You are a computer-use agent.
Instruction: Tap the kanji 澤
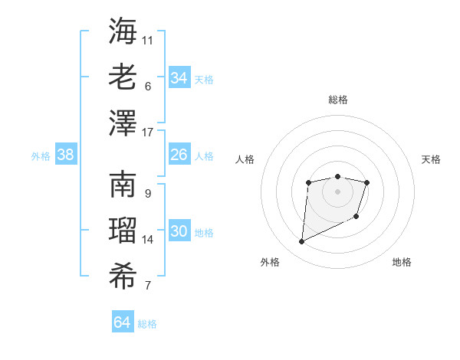click(x=123, y=123)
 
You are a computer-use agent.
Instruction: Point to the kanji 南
click(x=123, y=185)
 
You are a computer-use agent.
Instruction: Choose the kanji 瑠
click(x=123, y=231)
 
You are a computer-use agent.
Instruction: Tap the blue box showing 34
click(x=179, y=77)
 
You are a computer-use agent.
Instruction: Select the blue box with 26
click(x=179, y=155)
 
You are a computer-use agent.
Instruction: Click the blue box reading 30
click(x=179, y=231)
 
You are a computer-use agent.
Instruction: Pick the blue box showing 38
click(x=65, y=155)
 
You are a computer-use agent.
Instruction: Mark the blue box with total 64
click(x=122, y=322)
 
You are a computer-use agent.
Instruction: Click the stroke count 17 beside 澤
click(x=148, y=133)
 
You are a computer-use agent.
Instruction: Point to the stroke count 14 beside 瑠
click(x=148, y=240)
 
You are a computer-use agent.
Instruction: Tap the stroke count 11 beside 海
click(x=148, y=40)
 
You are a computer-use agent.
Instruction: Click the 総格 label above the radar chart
click(x=337, y=100)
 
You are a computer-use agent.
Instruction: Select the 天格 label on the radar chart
click(x=432, y=159)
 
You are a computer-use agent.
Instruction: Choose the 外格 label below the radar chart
click(x=270, y=262)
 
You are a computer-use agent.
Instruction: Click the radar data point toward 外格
click(x=301, y=242)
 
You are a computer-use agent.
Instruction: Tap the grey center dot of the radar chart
click(x=337, y=190)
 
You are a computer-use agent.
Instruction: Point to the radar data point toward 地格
click(x=356, y=218)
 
